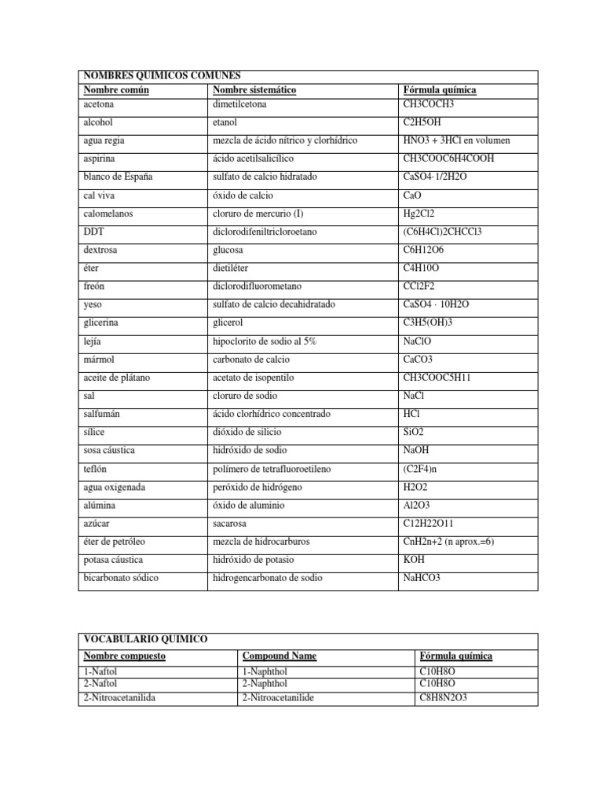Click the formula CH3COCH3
428,104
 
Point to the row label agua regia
103,141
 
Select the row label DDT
92,232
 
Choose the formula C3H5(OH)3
428,323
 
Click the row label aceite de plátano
116,378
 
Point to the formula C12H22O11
429,524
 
